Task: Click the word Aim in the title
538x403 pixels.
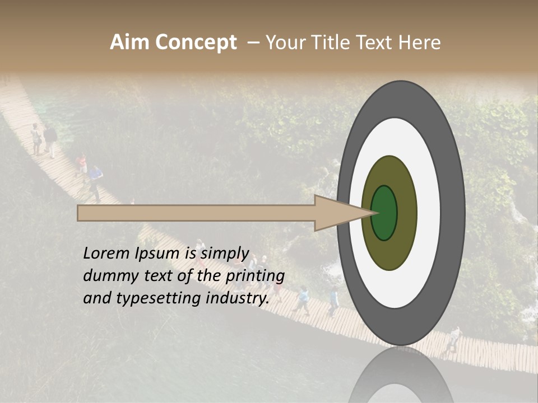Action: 129,42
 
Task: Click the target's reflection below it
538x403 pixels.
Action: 401,378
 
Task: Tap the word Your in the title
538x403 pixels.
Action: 285,43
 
